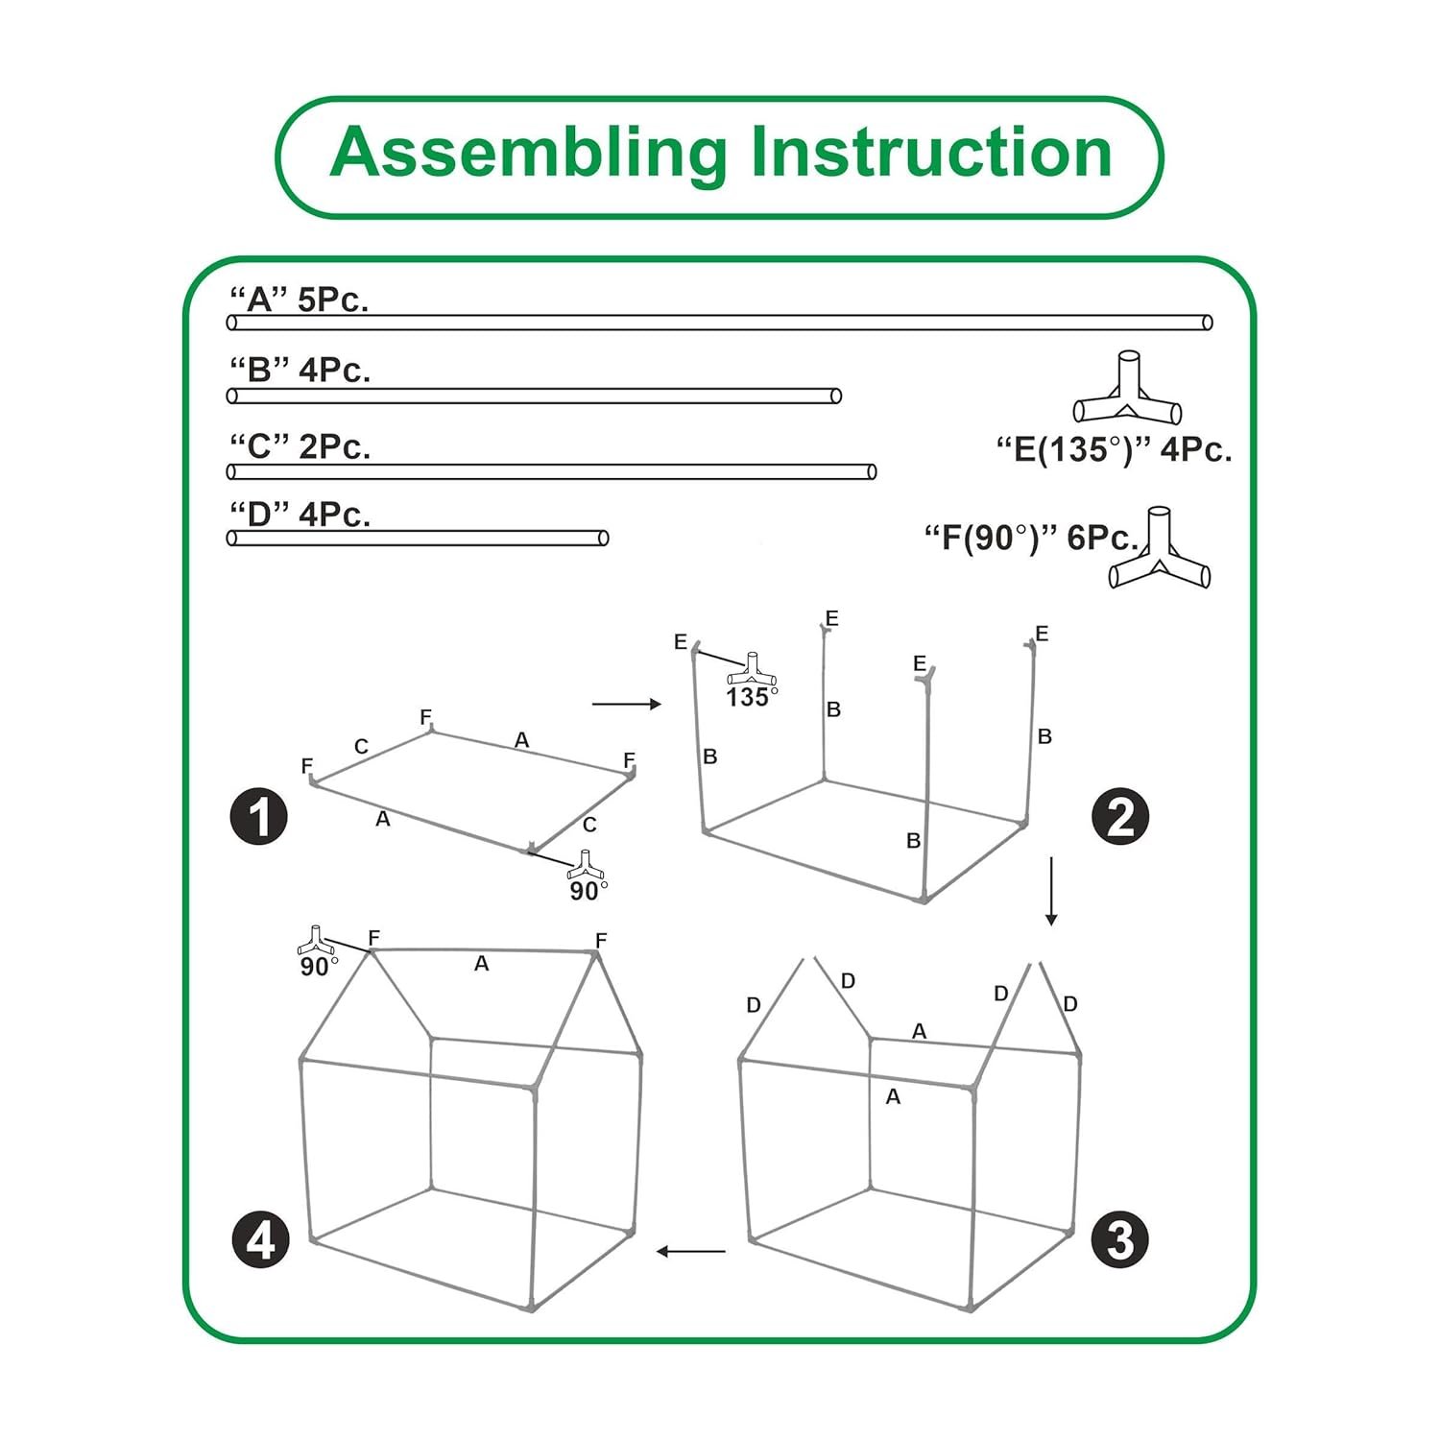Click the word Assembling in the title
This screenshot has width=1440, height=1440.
pyautogui.click(x=529, y=154)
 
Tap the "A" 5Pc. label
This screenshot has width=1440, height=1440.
pyautogui.click(x=299, y=300)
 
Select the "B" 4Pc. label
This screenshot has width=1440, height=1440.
pyautogui.click(x=300, y=370)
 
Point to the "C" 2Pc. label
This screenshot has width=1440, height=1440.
pyautogui.click(x=300, y=446)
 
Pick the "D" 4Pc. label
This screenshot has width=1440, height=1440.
pyautogui.click(x=300, y=515)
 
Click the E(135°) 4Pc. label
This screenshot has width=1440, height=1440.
pyautogui.click(x=1114, y=449)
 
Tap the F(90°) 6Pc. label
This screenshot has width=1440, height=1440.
pyautogui.click(x=1032, y=538)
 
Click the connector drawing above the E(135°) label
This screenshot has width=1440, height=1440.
pyautogui.click(x=1127, y=388)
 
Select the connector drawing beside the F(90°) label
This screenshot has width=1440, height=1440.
pyautogui.click(x=1160, y=547)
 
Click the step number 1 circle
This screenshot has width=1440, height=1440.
pyautogui.click(x=259, y=818)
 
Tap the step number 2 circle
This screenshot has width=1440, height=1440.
pyautogui.click(x=1120, y=818)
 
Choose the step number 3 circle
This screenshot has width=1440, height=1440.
pyautogui.click(x=1120, y=1239)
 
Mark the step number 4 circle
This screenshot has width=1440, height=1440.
pyautogui.click(x=261, y=1239)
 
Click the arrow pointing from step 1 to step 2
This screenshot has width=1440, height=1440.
pyautogui.click(x=627, y=705)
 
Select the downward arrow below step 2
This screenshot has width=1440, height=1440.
pyautogui.click(x=1051, y=892)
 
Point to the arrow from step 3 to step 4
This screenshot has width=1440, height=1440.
pyautogui.click(x=691, y=1251)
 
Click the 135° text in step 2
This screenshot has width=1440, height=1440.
pyautogui.click(x=752, y=697)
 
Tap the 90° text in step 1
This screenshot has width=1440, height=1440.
pyautogui.click(x=588, y=891)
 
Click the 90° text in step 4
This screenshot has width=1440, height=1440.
pyautogui.click(x=319, y=967)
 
